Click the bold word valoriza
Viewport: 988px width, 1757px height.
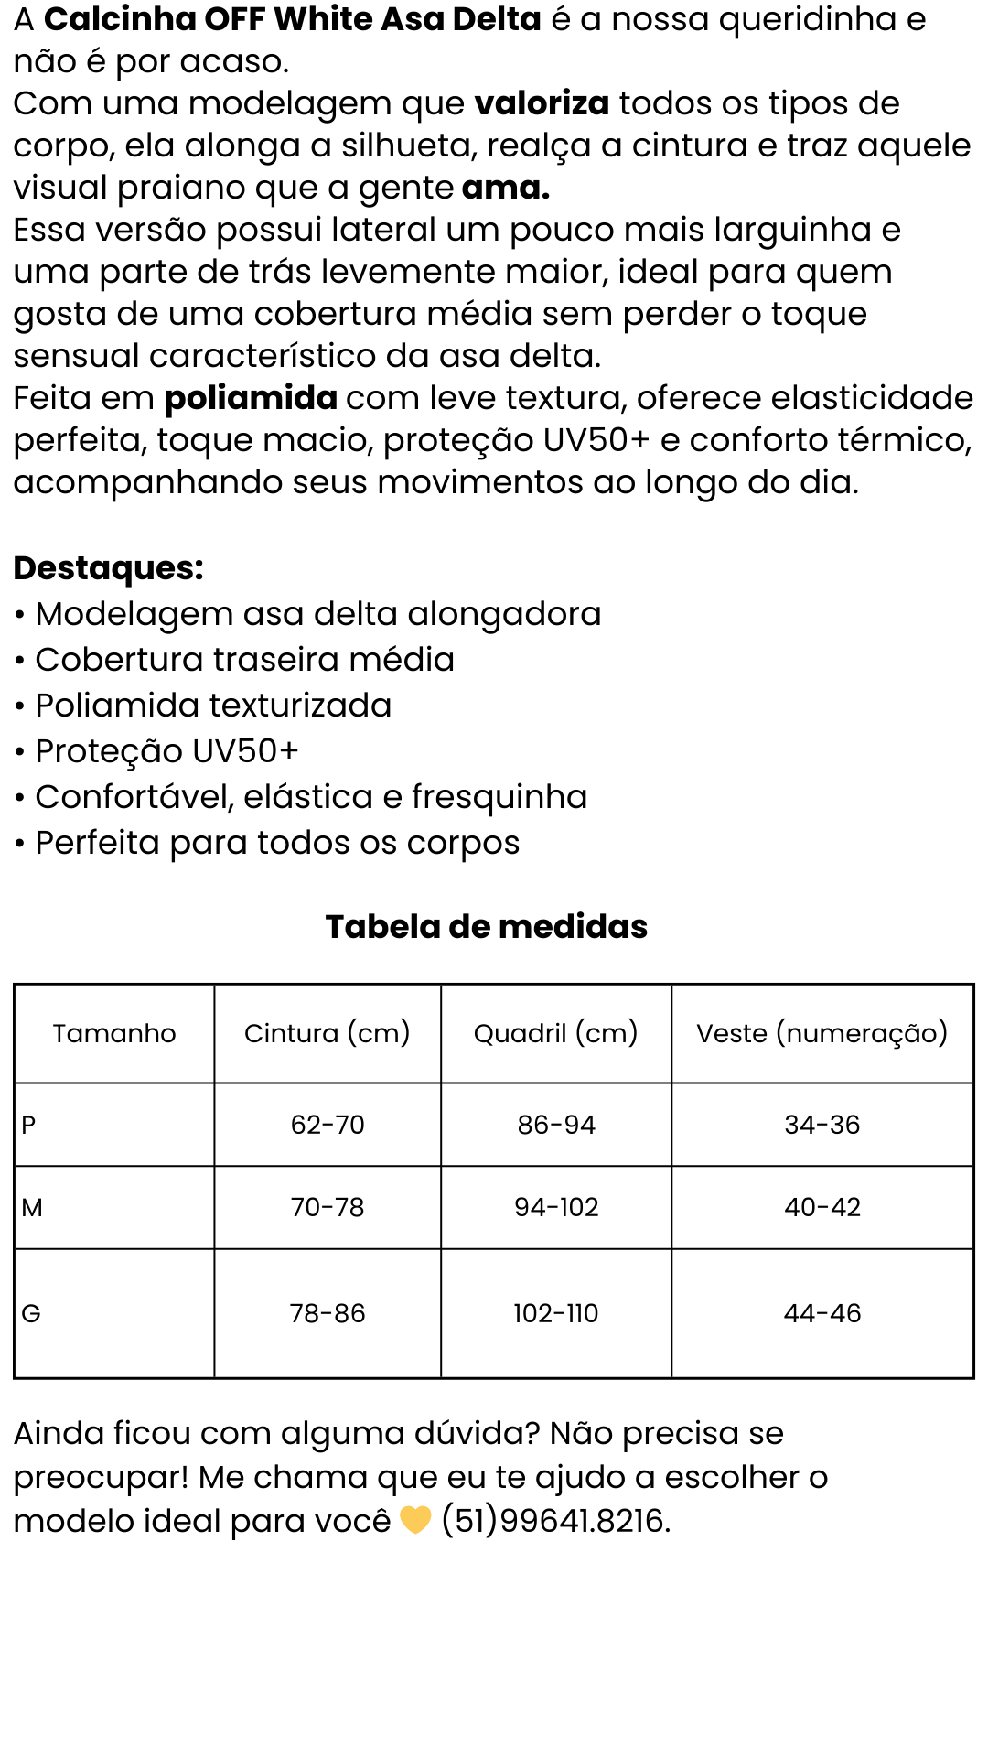[x=542, y=103]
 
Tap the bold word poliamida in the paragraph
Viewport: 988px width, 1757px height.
[x=251, y=398]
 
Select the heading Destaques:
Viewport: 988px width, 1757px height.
[x=108, y=568]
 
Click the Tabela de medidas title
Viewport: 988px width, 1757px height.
[x=487, y=927]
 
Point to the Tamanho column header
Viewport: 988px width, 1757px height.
[x=114, y=1033]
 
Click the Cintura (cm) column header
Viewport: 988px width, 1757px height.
[x=327, y=1033]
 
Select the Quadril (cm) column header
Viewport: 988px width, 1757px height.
[x=555, y=1033]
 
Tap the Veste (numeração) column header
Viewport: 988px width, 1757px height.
[x=822, y=1033]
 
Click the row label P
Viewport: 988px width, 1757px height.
[x=28, y=1125]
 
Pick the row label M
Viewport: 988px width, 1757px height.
[x=32, y=1208]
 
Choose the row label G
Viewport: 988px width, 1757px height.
[x=31, y=1314]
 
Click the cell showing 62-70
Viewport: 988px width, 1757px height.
[x=328, y=1125]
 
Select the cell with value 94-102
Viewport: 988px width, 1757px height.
[x=556, y=1208]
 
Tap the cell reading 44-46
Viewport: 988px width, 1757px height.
[x=822, y=1314]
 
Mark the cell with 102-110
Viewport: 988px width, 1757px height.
[x=555, y=1314]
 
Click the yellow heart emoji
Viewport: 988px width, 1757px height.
[x=415, y=1521]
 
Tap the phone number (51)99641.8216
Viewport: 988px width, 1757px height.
[x=555, y=1521]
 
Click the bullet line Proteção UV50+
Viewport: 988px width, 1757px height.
[x=166, y=751]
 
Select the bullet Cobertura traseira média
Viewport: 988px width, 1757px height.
[x=244, y=660]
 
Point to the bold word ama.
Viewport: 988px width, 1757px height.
[x=505, y=188]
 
